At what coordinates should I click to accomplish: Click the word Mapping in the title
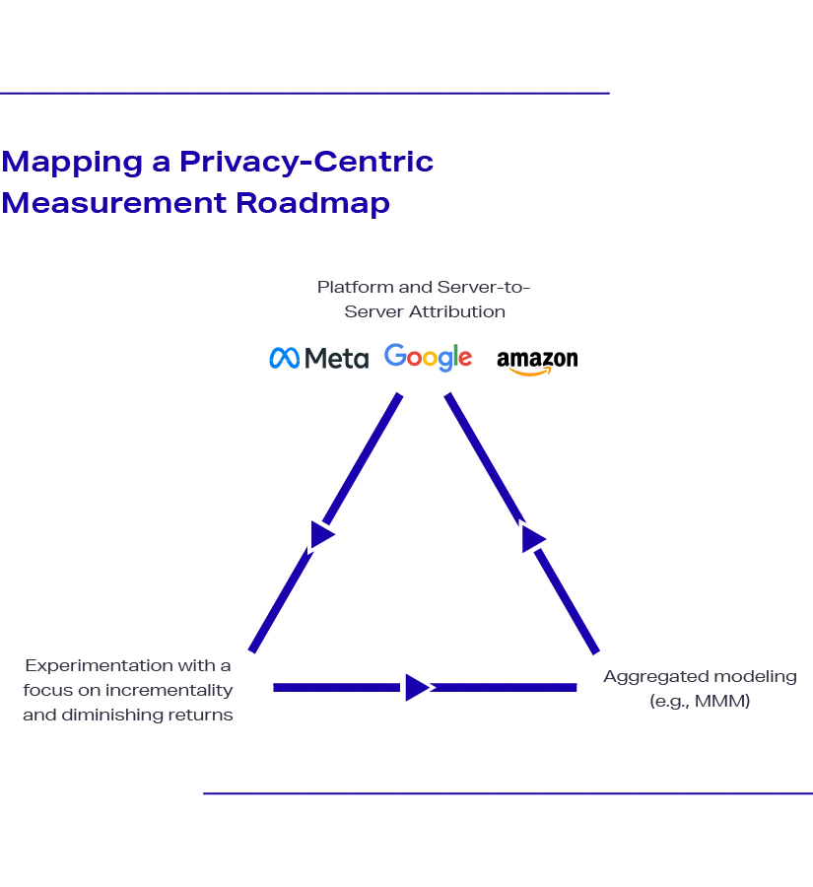71,162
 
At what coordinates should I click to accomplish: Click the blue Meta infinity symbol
285,359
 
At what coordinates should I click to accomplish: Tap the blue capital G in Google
395,356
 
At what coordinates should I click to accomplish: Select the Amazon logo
539,360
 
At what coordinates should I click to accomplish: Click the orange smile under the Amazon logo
530,373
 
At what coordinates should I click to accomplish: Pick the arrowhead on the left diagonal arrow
321,534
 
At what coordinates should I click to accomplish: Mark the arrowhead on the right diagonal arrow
533,540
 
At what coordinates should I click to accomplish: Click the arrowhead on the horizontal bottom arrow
415,686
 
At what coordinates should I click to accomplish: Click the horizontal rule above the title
306,91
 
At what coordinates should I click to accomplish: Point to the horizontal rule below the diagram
505,791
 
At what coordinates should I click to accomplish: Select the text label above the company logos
425,301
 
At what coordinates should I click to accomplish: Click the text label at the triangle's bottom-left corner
127,690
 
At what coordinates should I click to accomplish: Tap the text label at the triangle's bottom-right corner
698,689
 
